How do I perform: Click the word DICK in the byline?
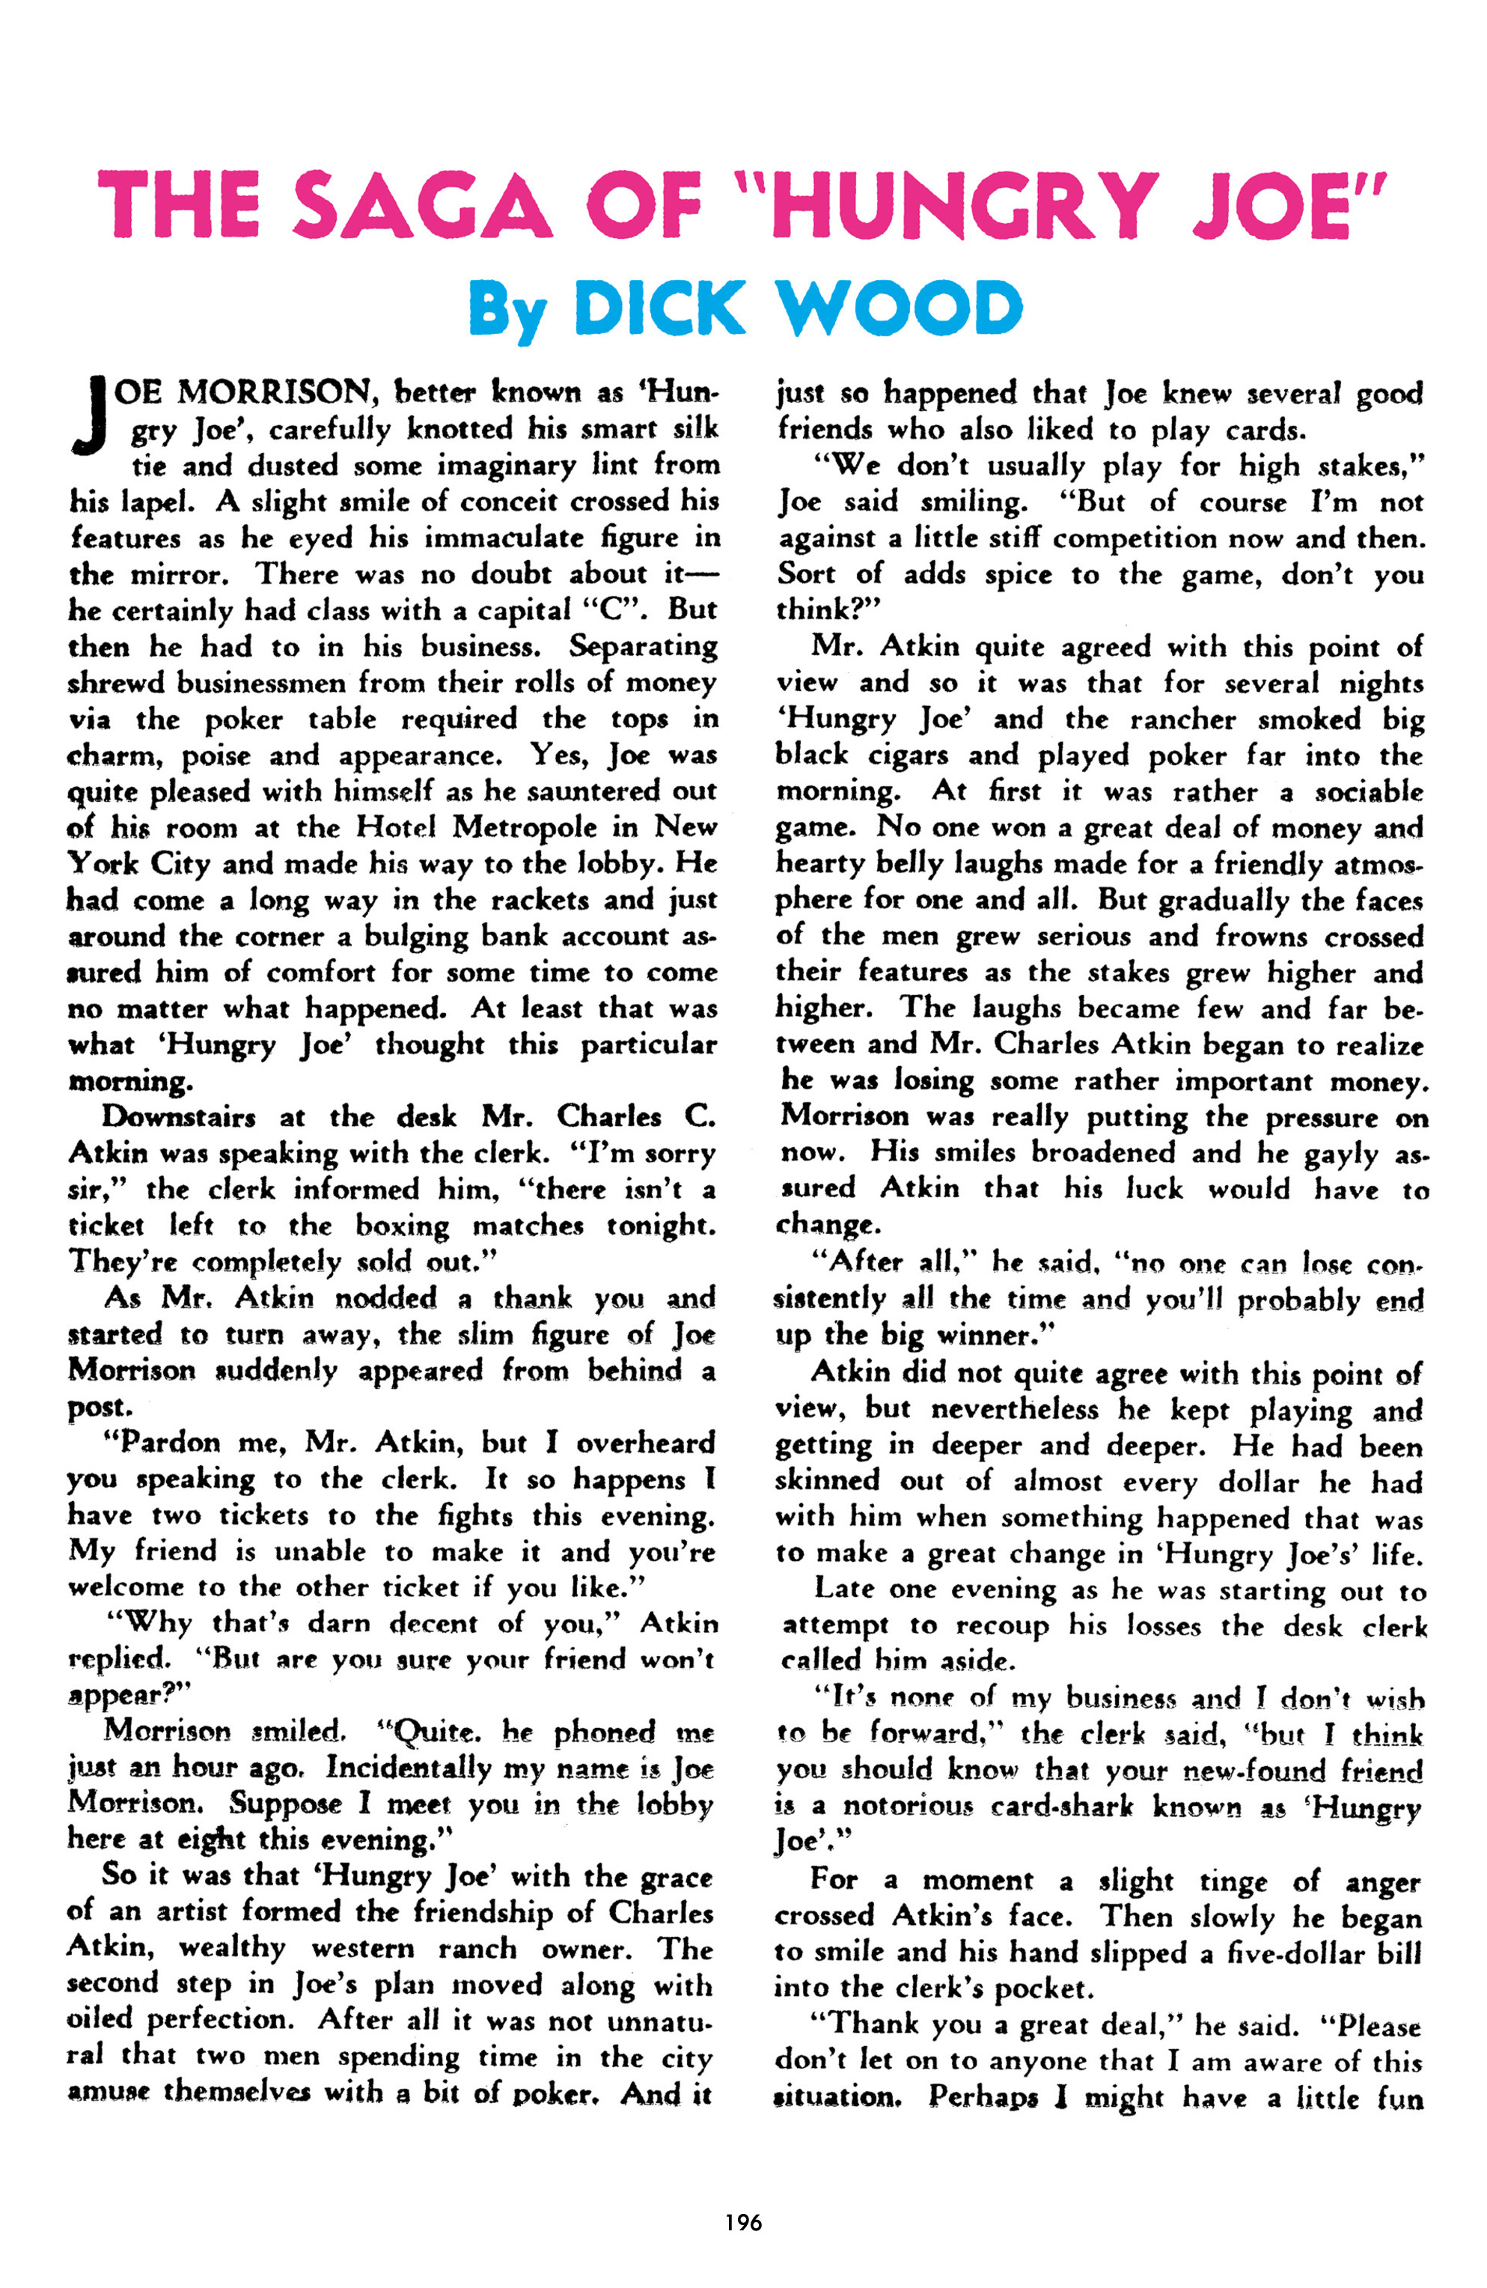click(x=659, y=308)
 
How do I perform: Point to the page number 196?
click(x=743, y=2221)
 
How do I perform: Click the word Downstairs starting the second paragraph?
click(x=180, y=1116)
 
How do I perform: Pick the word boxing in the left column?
click(x=402, y=1226)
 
